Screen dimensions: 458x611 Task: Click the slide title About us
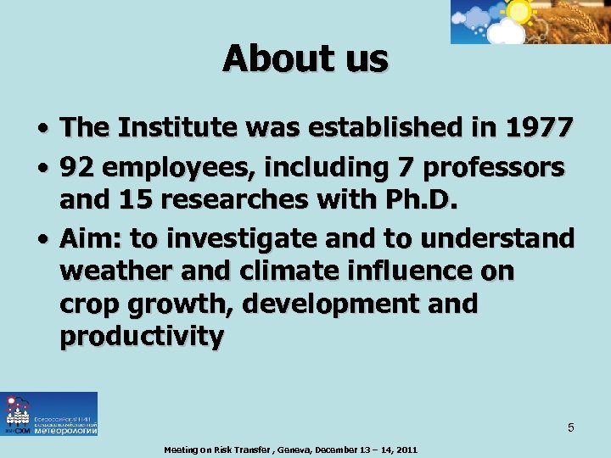pos(305,59)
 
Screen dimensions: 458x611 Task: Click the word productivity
pos(142,337)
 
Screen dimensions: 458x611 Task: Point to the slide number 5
pos(571,427)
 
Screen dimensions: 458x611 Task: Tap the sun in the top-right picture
pos(517,10)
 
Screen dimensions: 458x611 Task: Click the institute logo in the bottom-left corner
pos(49,414)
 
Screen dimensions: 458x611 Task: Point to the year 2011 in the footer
pos(404,450)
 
